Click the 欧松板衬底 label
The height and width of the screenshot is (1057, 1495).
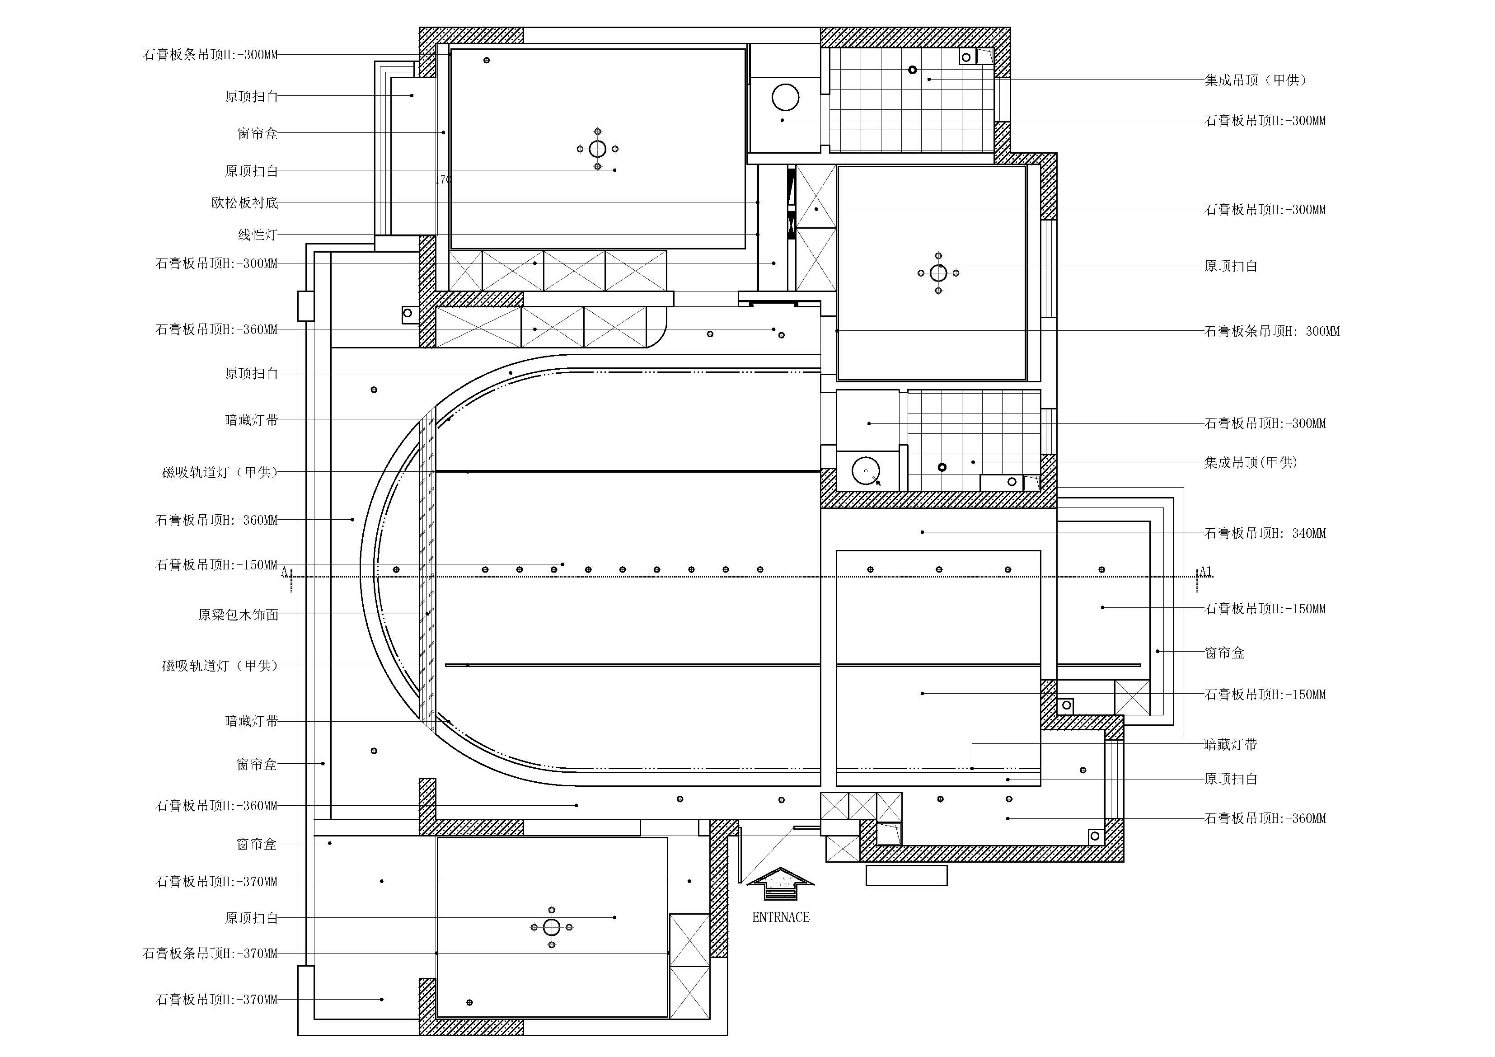[245, 202]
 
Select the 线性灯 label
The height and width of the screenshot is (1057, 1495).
[258, 235]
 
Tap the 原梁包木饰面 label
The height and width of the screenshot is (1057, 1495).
[238, 614]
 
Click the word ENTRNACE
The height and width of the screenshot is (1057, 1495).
[781, 917]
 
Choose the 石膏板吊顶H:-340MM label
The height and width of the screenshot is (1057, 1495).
[1265, 533]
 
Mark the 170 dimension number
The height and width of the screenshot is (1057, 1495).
[443, 179]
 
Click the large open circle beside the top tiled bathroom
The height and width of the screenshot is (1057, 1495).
[785, 98]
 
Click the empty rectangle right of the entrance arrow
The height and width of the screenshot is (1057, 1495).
[906, 875]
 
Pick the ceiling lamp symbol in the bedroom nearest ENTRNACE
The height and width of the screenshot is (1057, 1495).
[552, 927]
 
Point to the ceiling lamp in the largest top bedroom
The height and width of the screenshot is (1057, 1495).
[598, 149]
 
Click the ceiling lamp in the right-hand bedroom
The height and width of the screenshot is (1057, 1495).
[938, 273]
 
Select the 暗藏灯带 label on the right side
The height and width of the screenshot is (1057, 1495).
[1231, 744]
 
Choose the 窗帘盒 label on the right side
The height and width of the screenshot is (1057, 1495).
[1224, 653]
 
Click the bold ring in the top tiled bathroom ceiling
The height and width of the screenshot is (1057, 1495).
[913, 70]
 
